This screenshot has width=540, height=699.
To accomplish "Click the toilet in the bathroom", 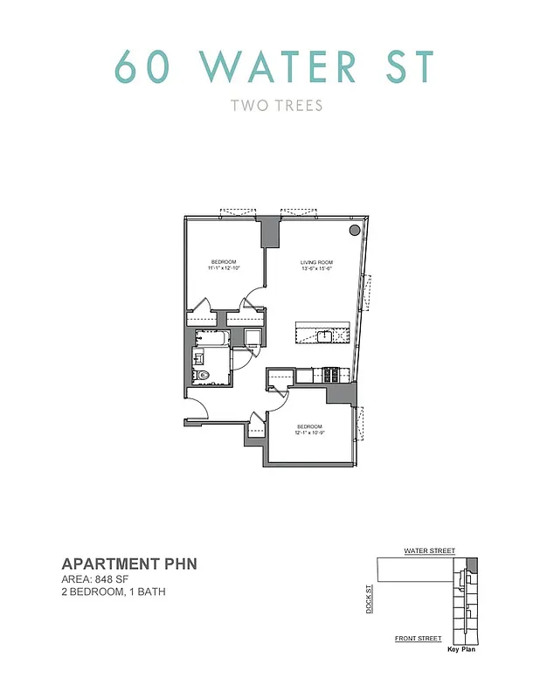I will click(x=204, y=376).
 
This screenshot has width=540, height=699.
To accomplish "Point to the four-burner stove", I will click(x=332, y=375).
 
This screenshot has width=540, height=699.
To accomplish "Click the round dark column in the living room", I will click(x=354, y=230).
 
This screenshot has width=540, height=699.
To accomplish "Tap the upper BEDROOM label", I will click(x=225, y=261).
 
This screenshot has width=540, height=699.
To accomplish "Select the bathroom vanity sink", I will click(x=198, y=356).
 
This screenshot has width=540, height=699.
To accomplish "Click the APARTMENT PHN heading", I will click(x=128, y=564).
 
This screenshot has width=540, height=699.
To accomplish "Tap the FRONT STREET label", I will click(x=418, y=639).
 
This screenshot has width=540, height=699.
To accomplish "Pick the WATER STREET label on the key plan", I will click(x=429, y=551).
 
